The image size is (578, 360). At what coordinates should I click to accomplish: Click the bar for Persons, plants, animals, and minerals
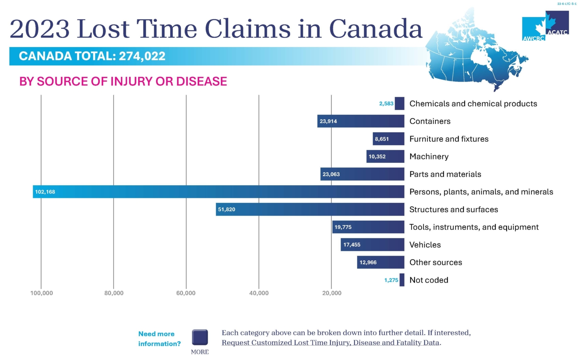click(218, 192)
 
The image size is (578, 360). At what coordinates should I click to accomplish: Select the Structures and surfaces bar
click(310, 209)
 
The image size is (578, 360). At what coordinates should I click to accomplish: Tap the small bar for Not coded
click(402, 280)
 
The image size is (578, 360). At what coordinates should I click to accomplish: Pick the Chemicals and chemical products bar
click(400, 104)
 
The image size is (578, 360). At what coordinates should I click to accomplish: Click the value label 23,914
click(328, 121)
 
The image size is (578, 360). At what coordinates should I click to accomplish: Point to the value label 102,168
click(45, 192)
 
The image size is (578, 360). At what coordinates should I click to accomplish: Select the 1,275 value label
click(391, 280)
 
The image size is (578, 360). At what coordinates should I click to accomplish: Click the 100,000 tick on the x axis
click(42, 293)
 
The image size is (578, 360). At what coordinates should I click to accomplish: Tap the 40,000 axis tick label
click(259, 293)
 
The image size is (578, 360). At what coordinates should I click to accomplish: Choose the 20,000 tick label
click(332, 293)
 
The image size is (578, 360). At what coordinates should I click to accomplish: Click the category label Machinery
click(429, 157)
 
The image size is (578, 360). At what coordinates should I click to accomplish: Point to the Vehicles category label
click(425, 245)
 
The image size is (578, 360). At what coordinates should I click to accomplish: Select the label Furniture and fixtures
click(449, 139)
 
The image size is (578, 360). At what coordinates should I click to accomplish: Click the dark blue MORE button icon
click(200, 337)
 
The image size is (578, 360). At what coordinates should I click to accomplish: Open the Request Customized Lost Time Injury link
click(331, 343)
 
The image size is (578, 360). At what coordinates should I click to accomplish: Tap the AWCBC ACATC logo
click(545, 26)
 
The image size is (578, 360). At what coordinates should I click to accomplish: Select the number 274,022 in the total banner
click(142, 56)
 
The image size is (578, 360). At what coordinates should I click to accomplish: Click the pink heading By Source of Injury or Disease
click(123, 82)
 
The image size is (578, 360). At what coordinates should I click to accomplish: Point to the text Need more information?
click(159, 339)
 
